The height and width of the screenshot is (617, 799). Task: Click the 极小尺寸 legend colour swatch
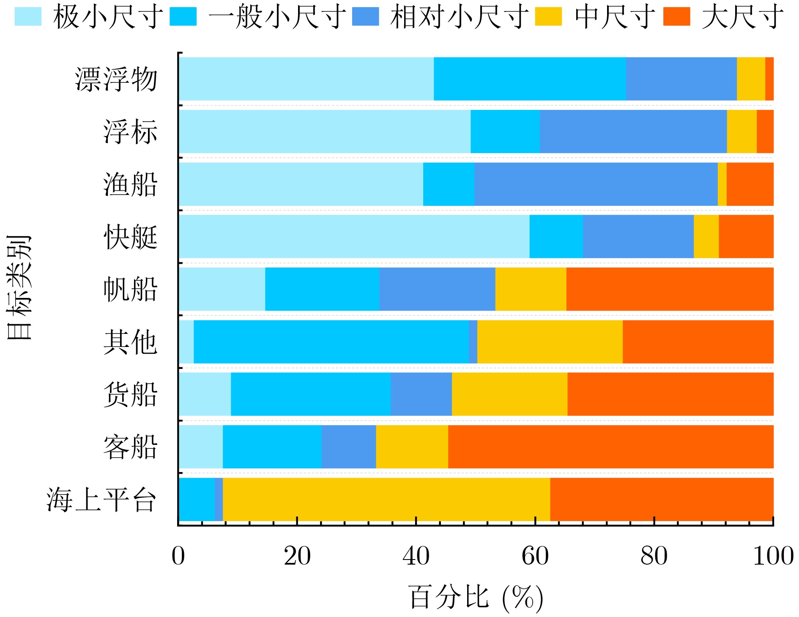(x=28, y=16)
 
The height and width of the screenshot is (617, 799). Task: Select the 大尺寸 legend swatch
(x=676, y=16)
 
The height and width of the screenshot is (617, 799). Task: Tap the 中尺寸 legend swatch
(x=548, y=16)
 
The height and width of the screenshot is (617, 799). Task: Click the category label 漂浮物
(x=116, y=79)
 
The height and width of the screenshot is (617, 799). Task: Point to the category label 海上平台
(x=101, y=500)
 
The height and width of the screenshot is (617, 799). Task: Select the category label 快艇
(x=130, y=237)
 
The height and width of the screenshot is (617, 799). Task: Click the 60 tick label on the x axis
(x=535, y=556)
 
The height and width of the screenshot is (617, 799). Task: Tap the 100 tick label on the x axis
(x=773, y=556)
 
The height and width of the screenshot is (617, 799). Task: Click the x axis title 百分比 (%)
(x=476, y=598)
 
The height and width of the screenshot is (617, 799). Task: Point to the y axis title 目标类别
(x=19, y=287)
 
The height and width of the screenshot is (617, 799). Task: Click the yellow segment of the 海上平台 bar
(x=386, y=500)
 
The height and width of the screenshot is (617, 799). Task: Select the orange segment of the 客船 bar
(x=610, y=447)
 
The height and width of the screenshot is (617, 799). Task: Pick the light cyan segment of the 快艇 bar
(x=354, y=237)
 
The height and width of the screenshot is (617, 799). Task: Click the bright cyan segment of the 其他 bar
(x=331, y=341)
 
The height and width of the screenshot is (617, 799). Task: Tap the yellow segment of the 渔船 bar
(x=722, y=184)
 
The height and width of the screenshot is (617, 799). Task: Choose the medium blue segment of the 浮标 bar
(x=633, y=131)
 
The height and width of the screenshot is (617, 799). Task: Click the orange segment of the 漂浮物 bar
(x=769, y=79)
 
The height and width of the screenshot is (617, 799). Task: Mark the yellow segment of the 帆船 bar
(x=531, y=289)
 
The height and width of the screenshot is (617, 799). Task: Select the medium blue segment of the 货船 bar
(x=421, y=394)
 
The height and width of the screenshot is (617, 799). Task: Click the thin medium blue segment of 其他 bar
(x=473, y=341)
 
